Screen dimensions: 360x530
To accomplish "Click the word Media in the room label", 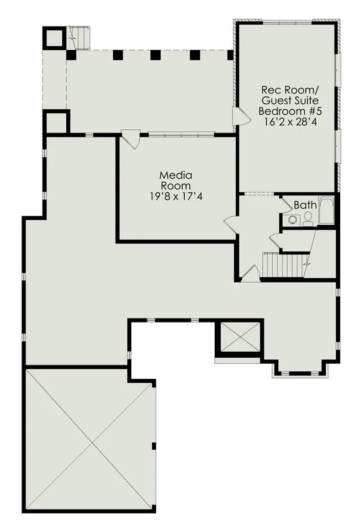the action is [x=176, y=175].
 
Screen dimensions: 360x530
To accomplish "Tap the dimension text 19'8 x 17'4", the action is [x=176, y=197].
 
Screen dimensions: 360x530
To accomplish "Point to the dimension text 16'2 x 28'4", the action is [x=290, y=121].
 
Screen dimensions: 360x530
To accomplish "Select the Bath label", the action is [x=305, y=205].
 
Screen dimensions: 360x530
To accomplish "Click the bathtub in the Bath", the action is [x=326, y=210].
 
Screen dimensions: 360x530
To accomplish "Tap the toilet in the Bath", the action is [x=308, y=218].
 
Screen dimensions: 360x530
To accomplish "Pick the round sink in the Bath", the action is [x=292, y=220].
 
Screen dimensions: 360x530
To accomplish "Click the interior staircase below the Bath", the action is [x=286, y=264].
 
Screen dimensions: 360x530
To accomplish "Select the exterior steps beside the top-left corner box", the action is [x=80, y=38].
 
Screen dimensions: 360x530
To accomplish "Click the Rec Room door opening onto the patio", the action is [x=241, y=116].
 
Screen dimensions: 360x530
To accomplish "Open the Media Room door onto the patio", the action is [x=131, y=139].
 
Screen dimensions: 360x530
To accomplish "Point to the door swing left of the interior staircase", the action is [x=251, y=273].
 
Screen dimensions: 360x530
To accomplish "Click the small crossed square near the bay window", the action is [x=240, y=337].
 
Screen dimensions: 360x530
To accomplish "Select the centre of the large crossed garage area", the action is [x=89, y=439].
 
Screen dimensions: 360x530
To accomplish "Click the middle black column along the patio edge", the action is [x=155, y=55].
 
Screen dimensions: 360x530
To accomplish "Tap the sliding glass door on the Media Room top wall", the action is [x=181, y=135].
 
